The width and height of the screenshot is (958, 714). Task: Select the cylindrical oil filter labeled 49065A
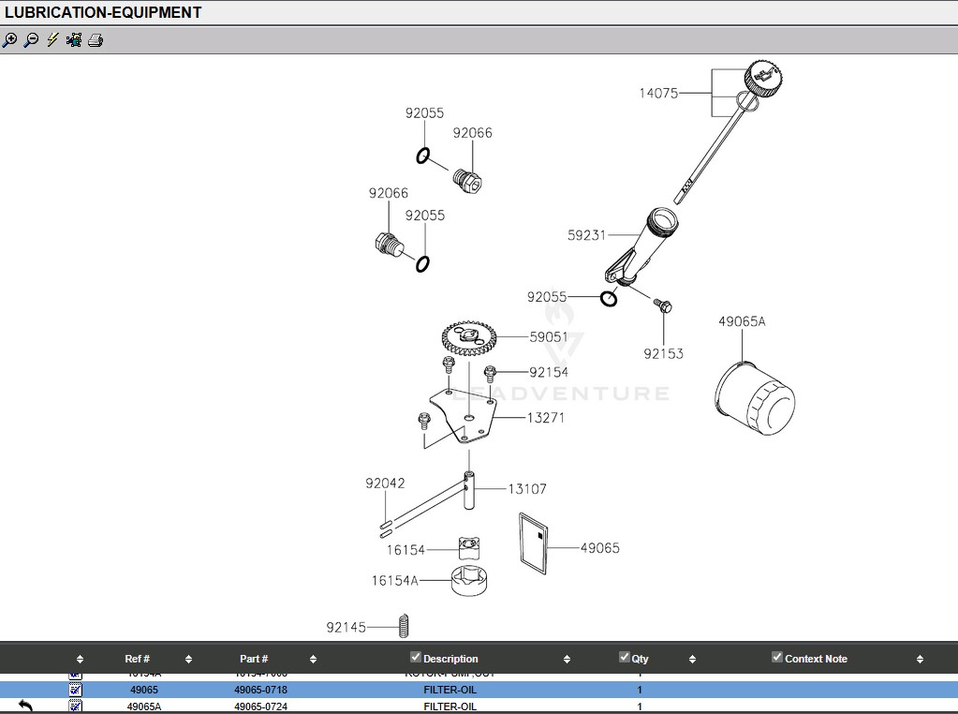tap(755, 399)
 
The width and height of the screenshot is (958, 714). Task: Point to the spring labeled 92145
tap(405, 626)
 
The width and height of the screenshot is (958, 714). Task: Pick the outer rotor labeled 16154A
tap(470, 581)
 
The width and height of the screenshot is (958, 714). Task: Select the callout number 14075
tap(658, 93)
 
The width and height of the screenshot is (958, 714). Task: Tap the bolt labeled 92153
tap(663, 306)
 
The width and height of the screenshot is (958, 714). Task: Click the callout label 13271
tap(545, 418)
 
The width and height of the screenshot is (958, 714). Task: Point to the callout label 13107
tap(527, 488)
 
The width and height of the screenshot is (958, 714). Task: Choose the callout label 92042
tap(385, 483)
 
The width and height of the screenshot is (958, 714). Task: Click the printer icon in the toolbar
tap(95, 40)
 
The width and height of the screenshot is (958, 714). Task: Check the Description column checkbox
tap(416, 657)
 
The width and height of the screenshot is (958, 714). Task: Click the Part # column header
tap(254, 659)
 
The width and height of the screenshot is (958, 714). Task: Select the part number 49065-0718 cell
tap(260, 690)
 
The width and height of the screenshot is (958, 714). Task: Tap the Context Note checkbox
tap(776, 657)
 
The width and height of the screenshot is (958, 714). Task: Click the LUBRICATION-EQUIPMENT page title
tap(103, 12)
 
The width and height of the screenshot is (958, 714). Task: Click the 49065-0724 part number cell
tap(260, 707)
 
